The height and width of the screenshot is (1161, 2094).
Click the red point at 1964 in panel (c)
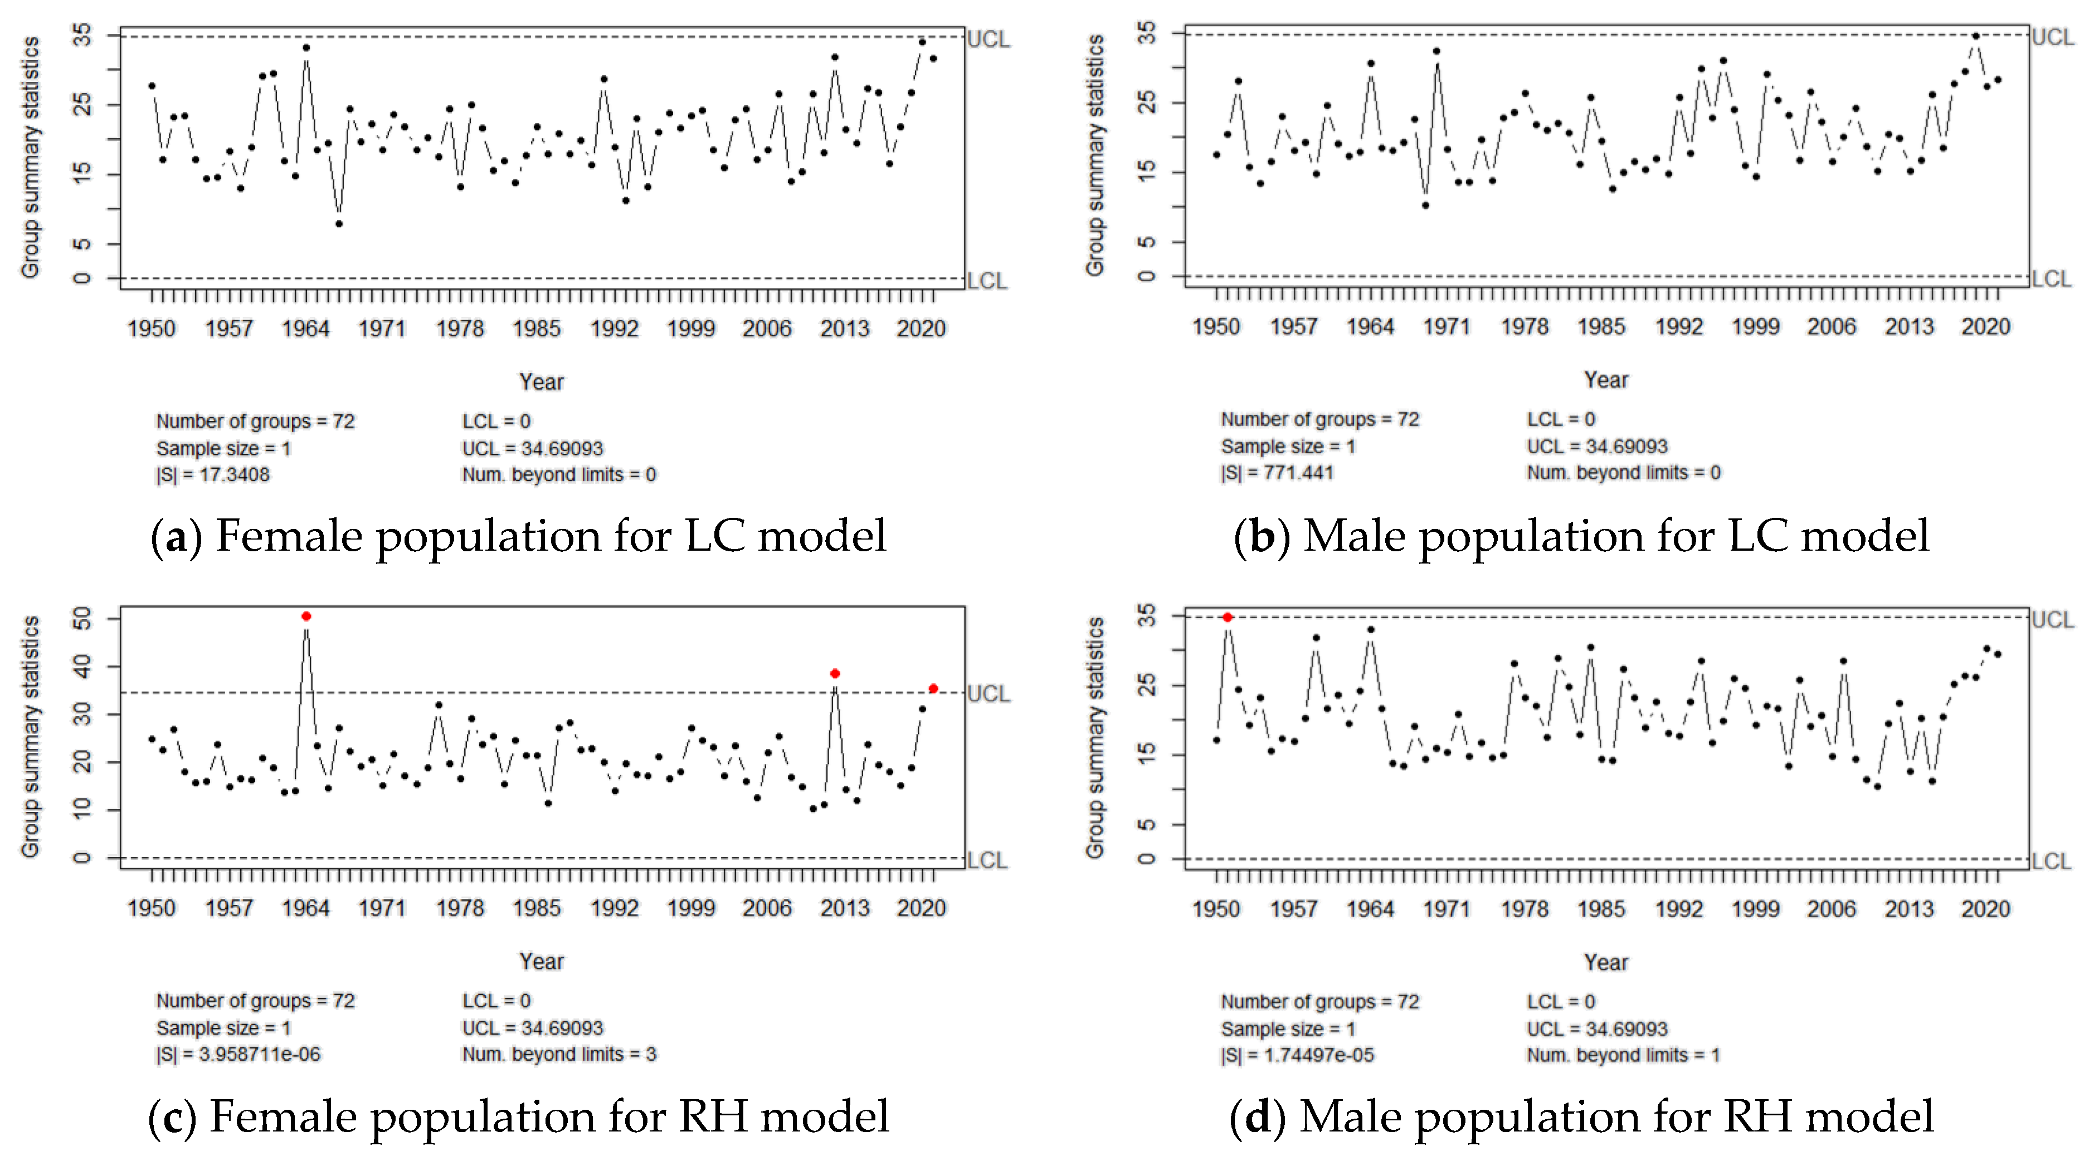tap(306, 616)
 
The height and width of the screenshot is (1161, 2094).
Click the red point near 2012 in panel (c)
tap(835, 674)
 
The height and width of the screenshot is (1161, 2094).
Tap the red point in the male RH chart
tap(1228, 618)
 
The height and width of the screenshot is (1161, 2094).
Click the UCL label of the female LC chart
tap(988, 39)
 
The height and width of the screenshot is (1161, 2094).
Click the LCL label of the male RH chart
tap(2051, 861)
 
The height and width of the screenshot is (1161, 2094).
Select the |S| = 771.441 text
tap(1277, 473)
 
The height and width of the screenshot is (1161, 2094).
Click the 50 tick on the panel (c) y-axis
tap(82, 620)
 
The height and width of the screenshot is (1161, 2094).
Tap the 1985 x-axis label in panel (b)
tap(1600, 327)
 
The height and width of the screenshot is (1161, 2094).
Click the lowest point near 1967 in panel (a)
tap(339, 223)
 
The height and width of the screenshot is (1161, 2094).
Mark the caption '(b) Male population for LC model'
tap(1581, 536)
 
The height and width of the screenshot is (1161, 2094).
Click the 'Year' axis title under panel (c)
tap(542, 961)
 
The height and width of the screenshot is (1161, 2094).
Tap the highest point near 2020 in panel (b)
tap(1975, 36)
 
